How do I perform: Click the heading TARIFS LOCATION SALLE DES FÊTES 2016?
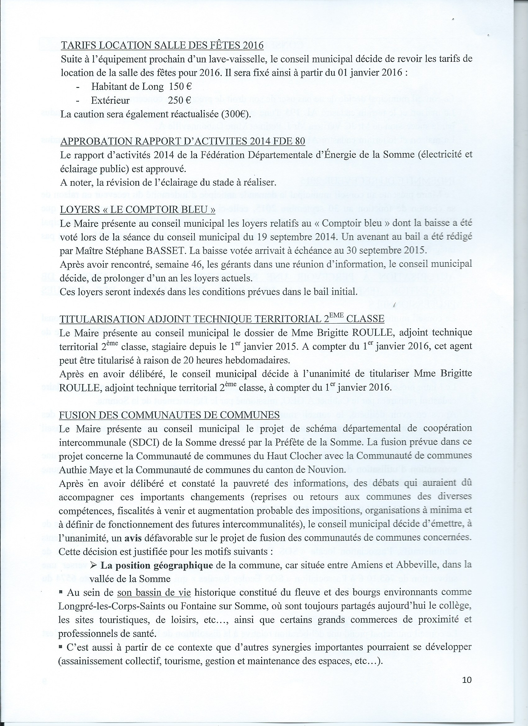pos(162,45)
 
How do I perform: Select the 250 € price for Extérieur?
pos(180,101)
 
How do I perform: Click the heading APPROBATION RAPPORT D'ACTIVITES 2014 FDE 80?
pos(183,141)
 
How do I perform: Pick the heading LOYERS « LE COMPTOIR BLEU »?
pos(137,209)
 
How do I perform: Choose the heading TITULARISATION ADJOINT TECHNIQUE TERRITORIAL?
pos(222,319)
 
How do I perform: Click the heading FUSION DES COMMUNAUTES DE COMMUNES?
pos(169,415)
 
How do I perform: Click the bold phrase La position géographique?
pos(157,565)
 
